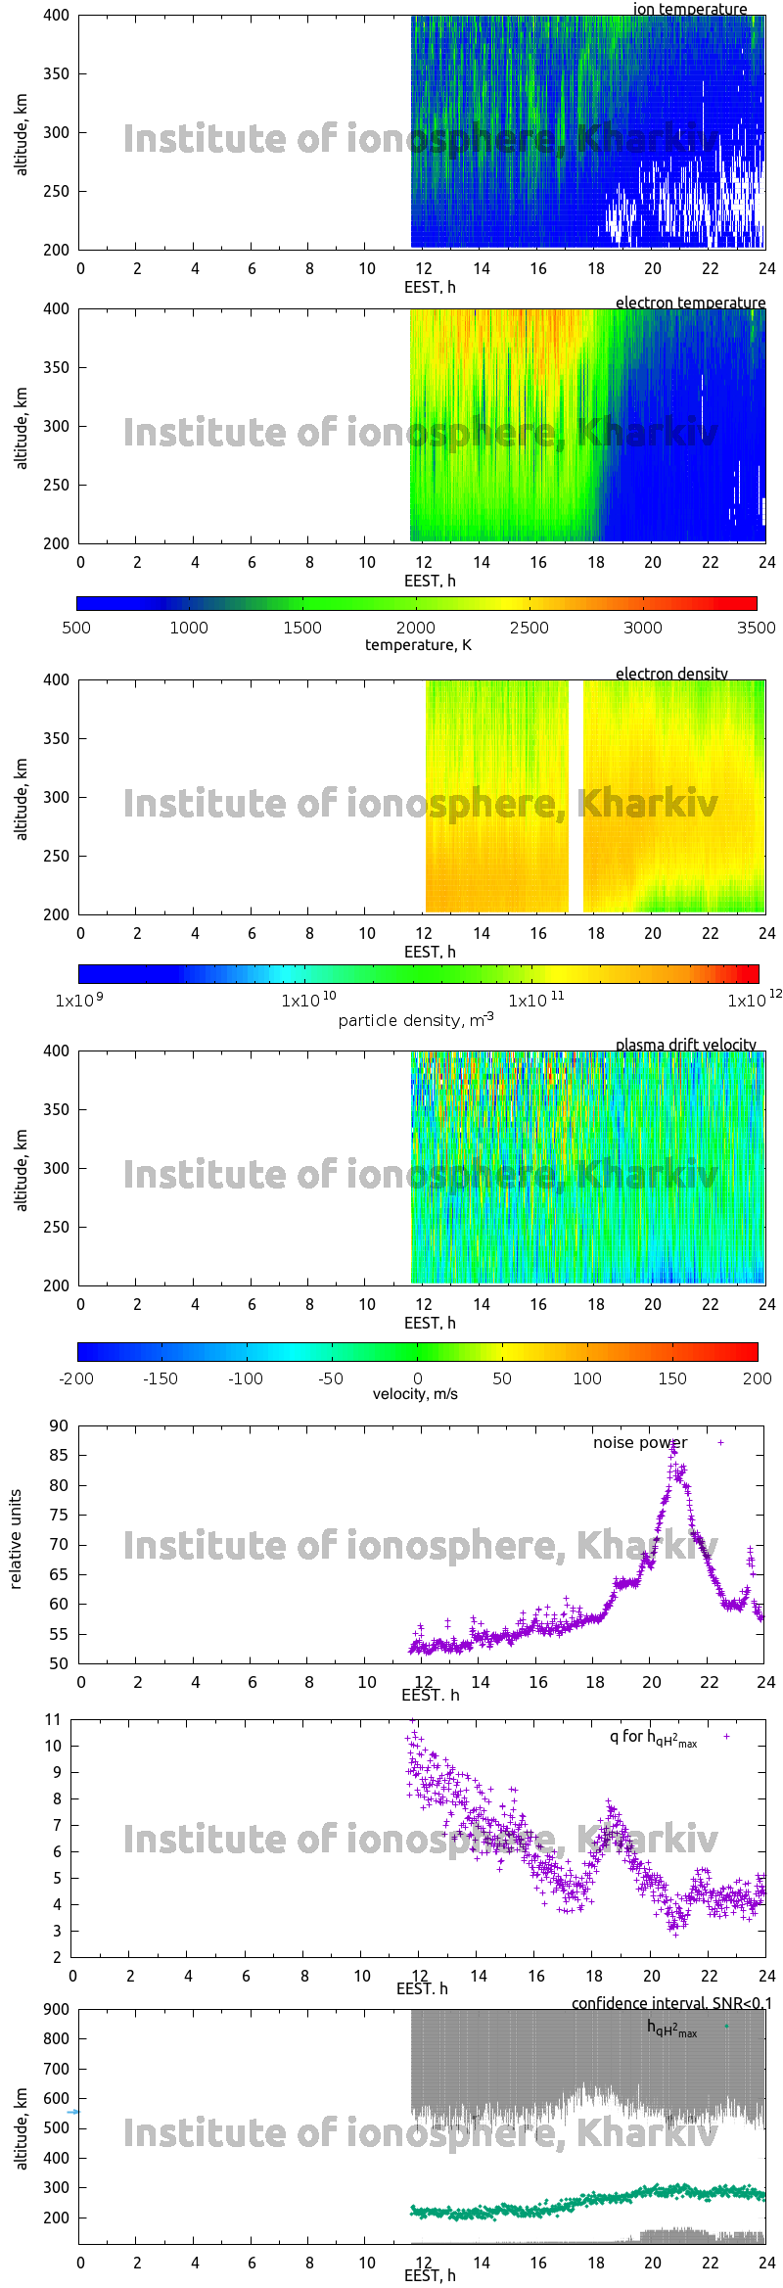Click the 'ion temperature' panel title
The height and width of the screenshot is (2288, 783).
tap(689, 9)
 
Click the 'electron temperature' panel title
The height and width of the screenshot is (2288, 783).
tap(690, 303)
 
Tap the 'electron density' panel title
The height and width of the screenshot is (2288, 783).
tap(671, 674)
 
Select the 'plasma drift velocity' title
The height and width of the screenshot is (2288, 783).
tap(685, 1045)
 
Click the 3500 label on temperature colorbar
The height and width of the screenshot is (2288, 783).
tap(756, 628)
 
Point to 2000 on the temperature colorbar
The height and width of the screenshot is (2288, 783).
tap(416, 628)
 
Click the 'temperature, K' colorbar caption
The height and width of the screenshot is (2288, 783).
tap(418, 645)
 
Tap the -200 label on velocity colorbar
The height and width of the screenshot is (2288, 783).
tap(76, 1378)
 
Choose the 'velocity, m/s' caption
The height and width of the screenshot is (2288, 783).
tap(415, 1394)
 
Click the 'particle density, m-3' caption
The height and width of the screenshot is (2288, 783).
tap(416, 1020)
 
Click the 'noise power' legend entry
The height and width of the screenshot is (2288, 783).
tap(640, 1443)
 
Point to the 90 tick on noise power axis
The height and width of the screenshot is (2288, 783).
tap(59, 1426)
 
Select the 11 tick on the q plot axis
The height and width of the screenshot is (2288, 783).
tap(53, 1720)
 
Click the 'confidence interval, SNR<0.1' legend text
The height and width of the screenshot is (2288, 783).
tap(671, 2003)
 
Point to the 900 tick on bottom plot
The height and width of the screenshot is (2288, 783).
tap(57, 2009)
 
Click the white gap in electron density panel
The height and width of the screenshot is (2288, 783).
tap(576, 796)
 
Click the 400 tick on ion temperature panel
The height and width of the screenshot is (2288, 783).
tap(56, 16)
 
